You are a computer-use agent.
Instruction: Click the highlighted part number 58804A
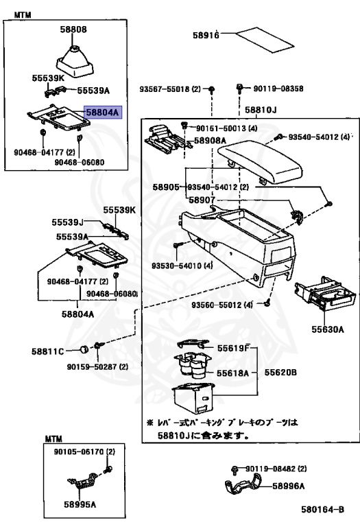tap(103, 112)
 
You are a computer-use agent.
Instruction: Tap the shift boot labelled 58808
tap(74, 61)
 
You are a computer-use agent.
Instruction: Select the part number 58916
tap(206, 34)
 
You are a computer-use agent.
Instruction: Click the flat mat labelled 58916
tap(265, 40)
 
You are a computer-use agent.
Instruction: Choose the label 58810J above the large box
tap(261, 110)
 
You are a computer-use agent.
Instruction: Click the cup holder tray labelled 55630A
tap(324, 294)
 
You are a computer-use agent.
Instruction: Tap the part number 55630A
tap(327, 329)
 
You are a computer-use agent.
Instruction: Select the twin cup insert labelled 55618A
tap(191, 364)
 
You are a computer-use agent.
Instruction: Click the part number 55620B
tap(280, 373)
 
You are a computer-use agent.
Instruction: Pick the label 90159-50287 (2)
tap(97, 366)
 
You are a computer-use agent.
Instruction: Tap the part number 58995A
tap(80, 504)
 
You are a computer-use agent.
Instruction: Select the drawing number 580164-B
tap(322, 510)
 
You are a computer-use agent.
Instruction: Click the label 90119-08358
tap(278, 89)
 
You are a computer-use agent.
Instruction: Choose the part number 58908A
tap(210, 140)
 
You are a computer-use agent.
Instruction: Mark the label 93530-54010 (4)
tap(182, 266)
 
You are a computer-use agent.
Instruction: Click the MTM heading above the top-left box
tap(23, 15)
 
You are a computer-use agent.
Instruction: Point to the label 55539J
tap(67, 222)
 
